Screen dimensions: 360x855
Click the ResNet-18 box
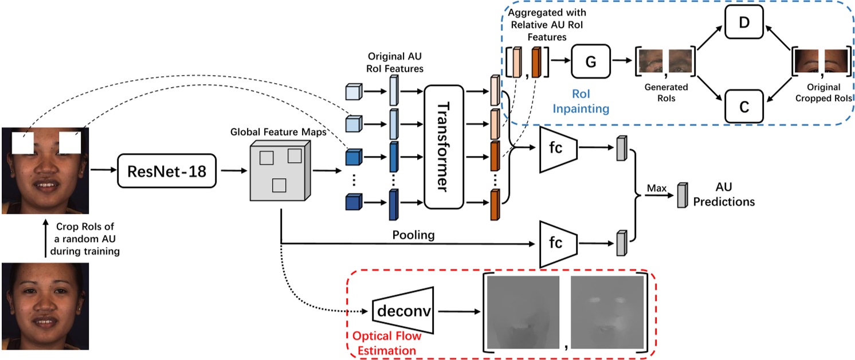167,170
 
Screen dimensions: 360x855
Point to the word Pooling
413,236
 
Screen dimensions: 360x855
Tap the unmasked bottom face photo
45,306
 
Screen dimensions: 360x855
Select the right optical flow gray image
607,312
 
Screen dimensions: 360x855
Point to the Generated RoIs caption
666,93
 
